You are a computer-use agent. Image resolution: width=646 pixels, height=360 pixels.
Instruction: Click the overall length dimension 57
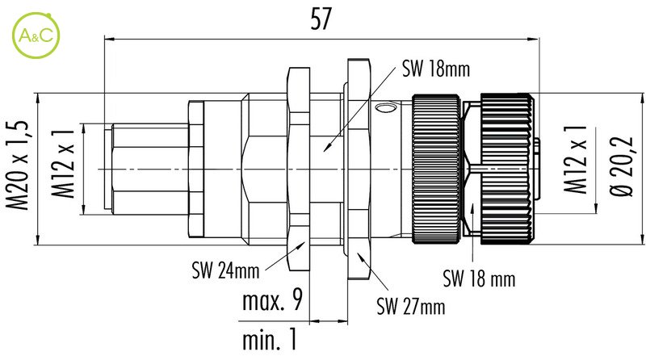point(321,20)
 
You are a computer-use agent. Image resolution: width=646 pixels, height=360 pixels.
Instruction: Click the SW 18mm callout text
point(435,69)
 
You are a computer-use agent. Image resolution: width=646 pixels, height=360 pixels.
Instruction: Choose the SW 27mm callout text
point(410,307)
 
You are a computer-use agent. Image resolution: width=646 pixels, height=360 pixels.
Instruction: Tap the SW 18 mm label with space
point(479,279)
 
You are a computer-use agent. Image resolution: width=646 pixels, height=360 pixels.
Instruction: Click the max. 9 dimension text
point(272,302)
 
